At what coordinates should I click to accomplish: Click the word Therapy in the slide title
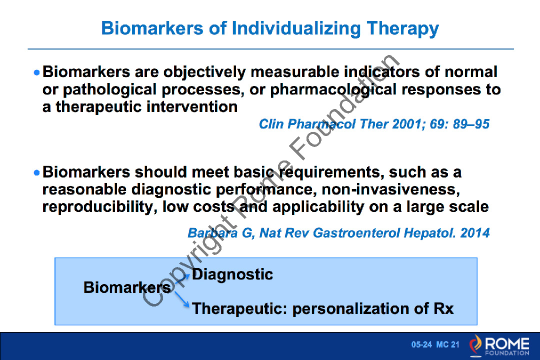(x=402, y=28)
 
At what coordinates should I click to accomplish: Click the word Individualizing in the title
(x=296, y=28)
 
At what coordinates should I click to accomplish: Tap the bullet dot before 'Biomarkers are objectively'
(x=37, y=72)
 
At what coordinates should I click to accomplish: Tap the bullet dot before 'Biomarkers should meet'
(x=37, y=172)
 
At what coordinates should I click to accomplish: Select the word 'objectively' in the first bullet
(x=204, y=72)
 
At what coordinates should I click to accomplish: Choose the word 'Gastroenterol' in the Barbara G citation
(x=356, y=233)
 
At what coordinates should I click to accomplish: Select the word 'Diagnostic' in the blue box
(x=232, y=275)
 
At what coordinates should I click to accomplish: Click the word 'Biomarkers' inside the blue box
(x=126, y=287)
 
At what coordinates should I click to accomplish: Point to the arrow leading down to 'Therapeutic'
(x=182, y=299)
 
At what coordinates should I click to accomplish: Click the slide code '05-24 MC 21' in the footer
(x=435, y=344)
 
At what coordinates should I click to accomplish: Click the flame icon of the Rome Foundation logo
(x=476, y=345)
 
